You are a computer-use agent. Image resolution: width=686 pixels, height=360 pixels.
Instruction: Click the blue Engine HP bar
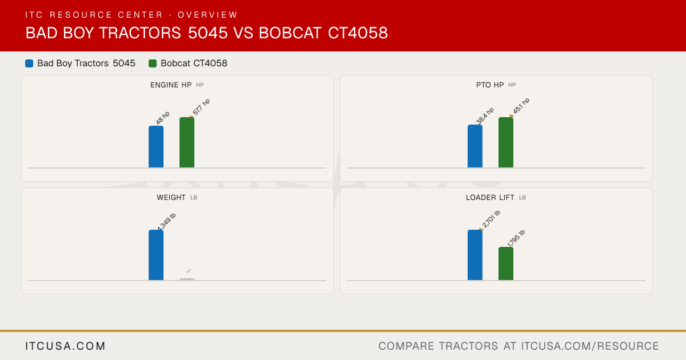pyautogui.click(x=156, y=147)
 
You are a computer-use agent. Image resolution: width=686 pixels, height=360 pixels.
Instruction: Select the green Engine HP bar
pyautogui.click(x=187, y=142)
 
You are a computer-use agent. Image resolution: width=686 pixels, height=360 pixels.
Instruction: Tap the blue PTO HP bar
pyautogui.click(x=475, y=146)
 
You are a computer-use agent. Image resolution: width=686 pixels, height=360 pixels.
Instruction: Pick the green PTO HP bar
pyautogui.click(x=506, y=142)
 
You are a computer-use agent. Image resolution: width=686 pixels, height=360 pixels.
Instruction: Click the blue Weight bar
pyautogui.click(x=156, y=255)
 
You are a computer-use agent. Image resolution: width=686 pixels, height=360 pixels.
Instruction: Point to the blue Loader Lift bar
pyautogui.click(x=475, y=255)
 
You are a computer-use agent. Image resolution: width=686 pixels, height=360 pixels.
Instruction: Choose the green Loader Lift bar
pyautogui.click(x=506, y=263)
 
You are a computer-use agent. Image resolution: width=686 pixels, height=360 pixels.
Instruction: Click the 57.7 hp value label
pyautogui.click(x=201, y=107)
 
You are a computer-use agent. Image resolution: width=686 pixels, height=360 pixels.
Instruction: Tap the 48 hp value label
pyautogui.click(x=162, y=118)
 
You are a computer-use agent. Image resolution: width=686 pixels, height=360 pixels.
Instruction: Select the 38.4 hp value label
pyautogui.click(x=485, y=115)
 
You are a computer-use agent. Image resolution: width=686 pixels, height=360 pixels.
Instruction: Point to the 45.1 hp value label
pyautogui.click(x=521, y=106)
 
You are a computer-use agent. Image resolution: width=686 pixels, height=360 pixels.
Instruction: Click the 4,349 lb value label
pyautogui.click(x=166, y=222)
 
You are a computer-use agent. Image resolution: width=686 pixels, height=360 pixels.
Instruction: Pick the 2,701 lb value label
pyautogui.click(x=491, y=219)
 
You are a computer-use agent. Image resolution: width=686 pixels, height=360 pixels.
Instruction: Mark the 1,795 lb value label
pyautogui.click(x=516, y=238)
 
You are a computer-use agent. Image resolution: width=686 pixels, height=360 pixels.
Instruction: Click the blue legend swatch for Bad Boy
pyautogui.click(x=29, y=63)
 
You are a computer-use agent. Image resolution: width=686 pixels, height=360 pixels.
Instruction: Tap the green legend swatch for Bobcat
pyautogui.click(x=153, y=63)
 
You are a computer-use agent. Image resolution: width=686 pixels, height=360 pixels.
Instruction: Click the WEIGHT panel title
pyautogui.click(x=171, y=198)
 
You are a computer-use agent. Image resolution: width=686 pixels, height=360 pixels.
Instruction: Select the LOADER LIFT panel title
pyautogui.click(x=490, y=198)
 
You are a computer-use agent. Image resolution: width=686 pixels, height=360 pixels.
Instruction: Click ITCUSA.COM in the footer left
pyautogui.click(x=65, y=346)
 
